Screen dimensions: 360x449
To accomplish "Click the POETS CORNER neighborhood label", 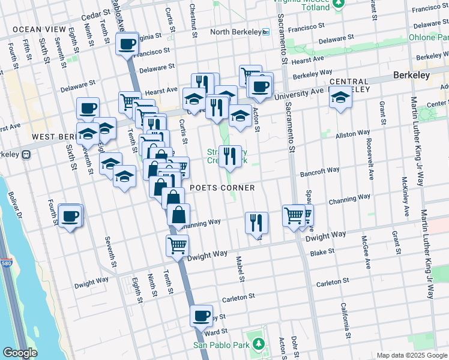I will pos(222,188).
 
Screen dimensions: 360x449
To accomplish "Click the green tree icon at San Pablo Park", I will pos(259,344).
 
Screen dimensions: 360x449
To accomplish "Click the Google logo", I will pos(20,353).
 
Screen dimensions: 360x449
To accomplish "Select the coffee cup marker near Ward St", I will pos(202,315).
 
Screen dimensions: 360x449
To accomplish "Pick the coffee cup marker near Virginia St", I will pos(127,43).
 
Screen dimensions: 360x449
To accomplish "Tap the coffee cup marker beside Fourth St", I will pos(70,215).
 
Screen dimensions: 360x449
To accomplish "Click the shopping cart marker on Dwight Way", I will pos(178,245).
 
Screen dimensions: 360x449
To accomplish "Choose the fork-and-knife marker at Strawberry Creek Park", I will pos(230,157).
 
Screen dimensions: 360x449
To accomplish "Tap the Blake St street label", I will pos(322,253).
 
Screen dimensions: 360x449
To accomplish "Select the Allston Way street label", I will pos(353,134).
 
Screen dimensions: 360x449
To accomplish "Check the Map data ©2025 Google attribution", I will pos(412,355).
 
